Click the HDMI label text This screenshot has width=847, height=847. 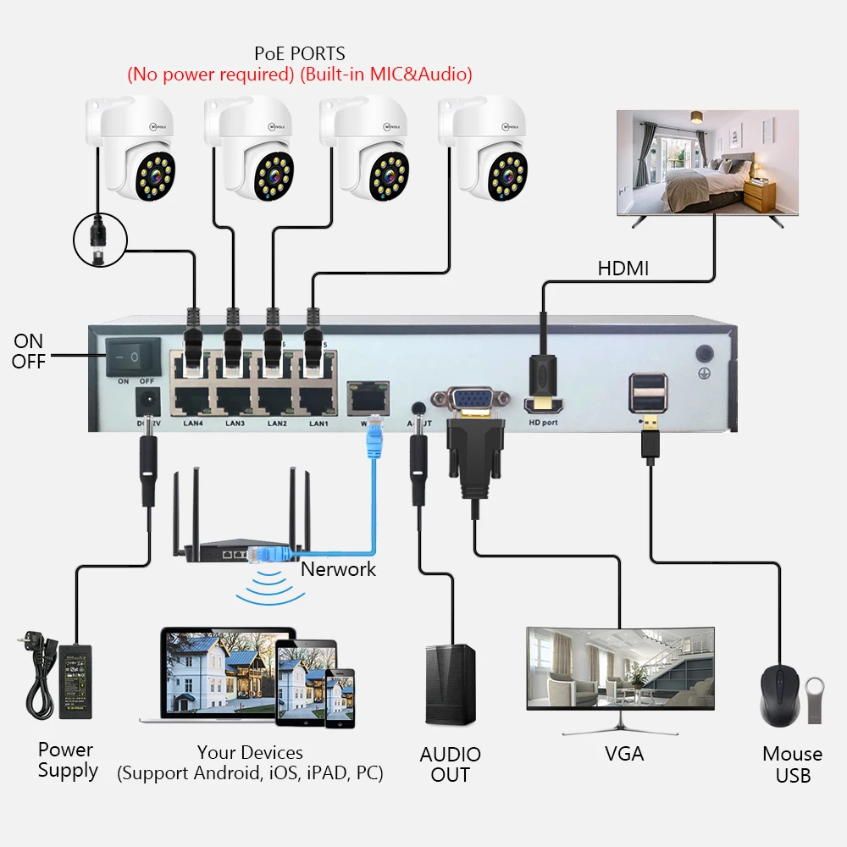tap(623, 268)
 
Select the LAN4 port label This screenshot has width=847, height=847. tap(195, 423)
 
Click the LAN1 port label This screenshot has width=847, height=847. tap(318, 423)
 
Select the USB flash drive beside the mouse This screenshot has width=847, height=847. tap(814, 699)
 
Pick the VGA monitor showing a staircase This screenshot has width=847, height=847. tap(620, 668)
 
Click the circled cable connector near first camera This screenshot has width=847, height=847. tap(99, 239)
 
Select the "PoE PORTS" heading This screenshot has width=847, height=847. tap(300, 55)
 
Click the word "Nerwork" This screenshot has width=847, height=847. tap(339, 569)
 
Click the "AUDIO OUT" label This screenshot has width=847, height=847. tap(450, 764)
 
